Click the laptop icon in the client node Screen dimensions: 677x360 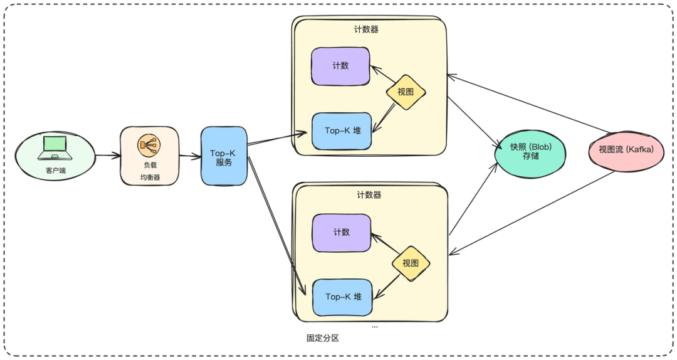(55, 148)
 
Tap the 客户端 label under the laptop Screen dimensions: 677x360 (56, 170)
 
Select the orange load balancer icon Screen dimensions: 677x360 (149, 145)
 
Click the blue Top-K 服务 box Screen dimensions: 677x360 (224, 156)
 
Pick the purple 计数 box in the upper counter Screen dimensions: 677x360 (340, 66)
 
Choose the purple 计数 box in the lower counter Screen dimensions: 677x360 (342, 233)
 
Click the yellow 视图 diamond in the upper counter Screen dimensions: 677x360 (406, 92)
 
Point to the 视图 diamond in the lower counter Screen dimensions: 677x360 (411, 263)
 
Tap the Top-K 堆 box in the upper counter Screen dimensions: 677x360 (342, 131)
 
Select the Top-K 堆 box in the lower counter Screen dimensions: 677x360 (342, 297)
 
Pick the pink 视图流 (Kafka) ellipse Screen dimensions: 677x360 (626, 151)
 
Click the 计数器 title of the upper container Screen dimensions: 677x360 (366, 29)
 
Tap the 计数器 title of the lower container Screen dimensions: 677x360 (369, 195)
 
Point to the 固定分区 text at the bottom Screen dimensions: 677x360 (323, 338)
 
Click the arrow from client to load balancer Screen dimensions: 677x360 (108, 155)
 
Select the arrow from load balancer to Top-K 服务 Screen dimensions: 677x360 (190, 156)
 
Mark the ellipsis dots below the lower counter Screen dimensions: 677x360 (374, 327)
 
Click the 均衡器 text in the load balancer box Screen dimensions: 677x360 (150, 177)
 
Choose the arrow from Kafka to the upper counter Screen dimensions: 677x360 (528, 103)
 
